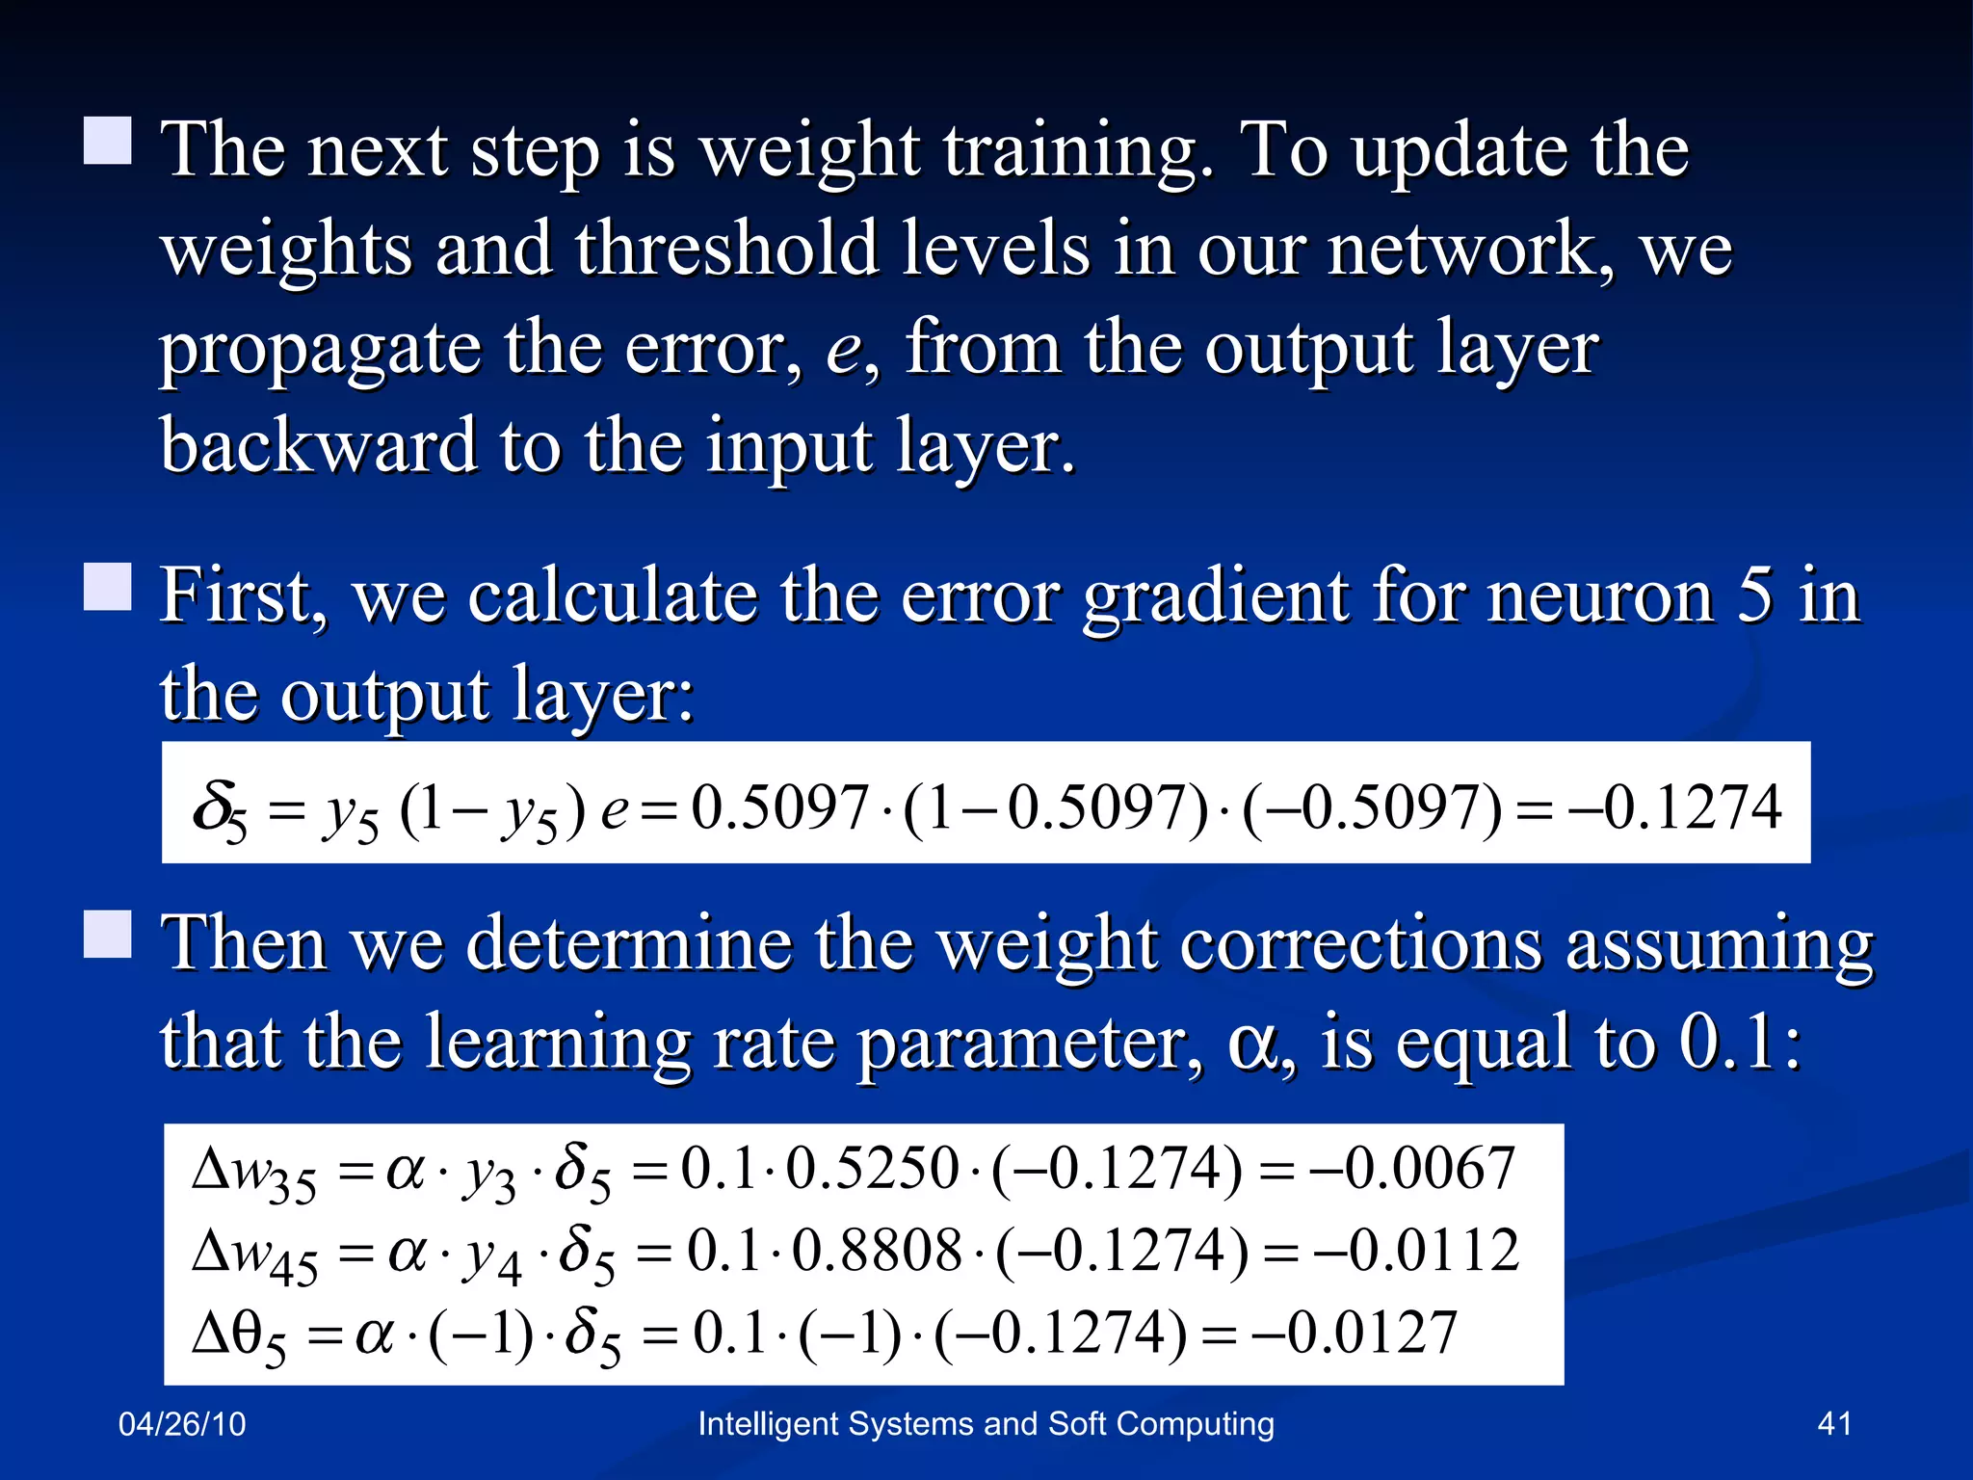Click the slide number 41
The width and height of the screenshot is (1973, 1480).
(x=1833, y=1423)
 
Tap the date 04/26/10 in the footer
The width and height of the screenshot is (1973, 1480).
(x=182, y=1424)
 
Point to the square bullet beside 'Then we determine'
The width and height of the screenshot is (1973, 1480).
(x=108, y=934)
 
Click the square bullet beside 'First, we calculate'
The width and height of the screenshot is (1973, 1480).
(x=108, y=587)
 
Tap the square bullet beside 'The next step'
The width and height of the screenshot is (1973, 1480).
(x=108, y=141)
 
